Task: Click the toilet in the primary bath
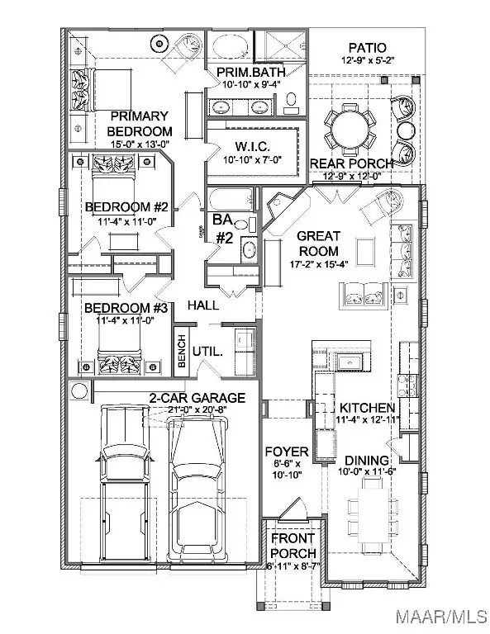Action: pyautogui.click(x=292, y=100)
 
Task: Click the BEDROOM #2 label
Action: pyautogui.click(x=127, y=206)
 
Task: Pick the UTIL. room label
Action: pyautogui.click(x=207, y=352)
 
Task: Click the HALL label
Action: pyautogui.click(x=202, y=305)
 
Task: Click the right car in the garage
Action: pyautogui.click(x=197, y=487)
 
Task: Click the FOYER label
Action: pyautogui.click(x=286, y=452)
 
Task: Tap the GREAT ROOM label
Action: pyautogui.click(x=319, y=244)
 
